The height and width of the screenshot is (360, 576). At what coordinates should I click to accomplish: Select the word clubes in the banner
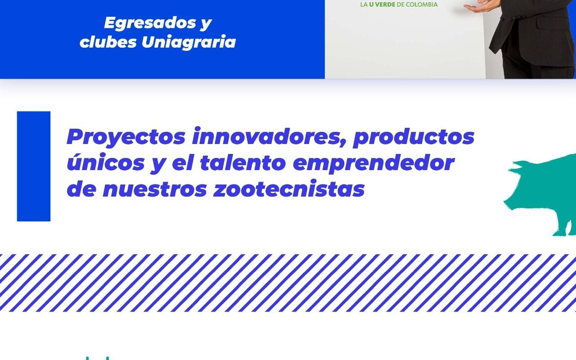108,41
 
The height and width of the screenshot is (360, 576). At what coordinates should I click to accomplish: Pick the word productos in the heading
414,138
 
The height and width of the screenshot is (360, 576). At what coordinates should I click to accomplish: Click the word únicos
106,162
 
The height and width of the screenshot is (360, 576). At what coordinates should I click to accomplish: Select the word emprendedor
373,163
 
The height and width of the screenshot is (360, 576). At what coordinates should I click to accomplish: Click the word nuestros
155,189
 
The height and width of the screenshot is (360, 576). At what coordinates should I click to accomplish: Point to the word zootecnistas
289,189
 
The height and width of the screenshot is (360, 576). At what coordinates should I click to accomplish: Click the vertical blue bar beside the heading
34,166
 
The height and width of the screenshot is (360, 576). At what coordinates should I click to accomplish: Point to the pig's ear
517,166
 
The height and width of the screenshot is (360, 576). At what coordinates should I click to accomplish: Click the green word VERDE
385,4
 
